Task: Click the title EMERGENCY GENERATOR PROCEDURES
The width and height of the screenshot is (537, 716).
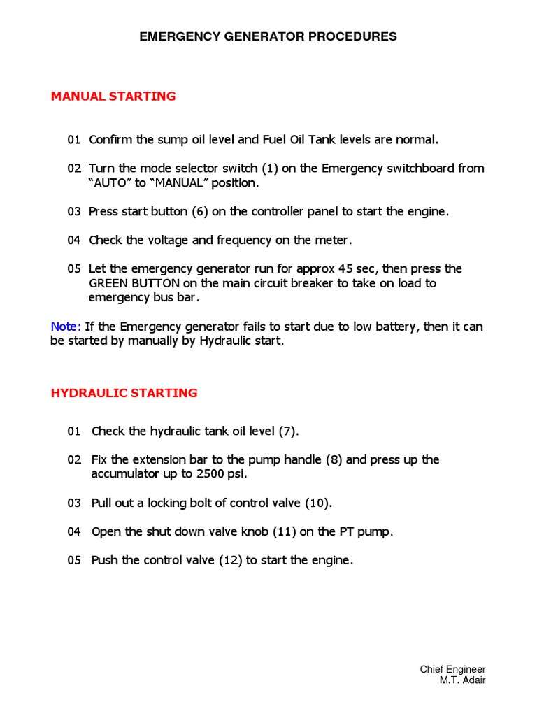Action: click(x=268, y=36)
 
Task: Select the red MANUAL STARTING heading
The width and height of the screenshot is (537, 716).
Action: click(x=113, y=96)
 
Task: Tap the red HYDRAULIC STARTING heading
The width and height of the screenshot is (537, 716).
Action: click(x=124, y=393)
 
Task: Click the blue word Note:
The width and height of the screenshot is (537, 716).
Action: click(x=66, y=327)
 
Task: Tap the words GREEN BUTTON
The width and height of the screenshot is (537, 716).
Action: click(x=132, y=283)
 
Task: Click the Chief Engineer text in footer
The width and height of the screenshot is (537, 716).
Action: click(x=452, y=669)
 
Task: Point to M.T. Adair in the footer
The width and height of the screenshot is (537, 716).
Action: click(x=462, y=680)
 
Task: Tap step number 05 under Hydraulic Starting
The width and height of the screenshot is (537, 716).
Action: click(x=74, y=560)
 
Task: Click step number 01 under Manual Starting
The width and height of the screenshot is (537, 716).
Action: click(x=74, y=140)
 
